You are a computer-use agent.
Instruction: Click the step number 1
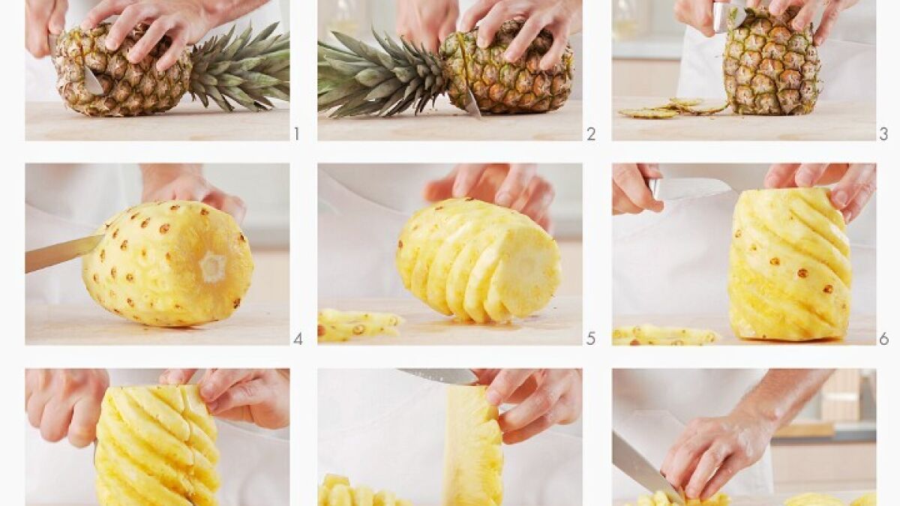coord(296,133)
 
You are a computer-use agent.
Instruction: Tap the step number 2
coord(591,133)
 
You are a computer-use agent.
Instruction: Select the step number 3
coord(883,133)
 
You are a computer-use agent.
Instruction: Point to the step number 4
coord(298,340)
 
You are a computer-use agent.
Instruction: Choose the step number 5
coord(591,339)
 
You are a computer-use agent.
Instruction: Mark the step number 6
coord(883,340)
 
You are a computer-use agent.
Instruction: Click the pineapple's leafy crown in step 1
coord(241,68)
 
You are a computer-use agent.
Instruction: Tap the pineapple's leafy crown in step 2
coord(382,74)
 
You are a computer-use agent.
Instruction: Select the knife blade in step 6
coord(695,189)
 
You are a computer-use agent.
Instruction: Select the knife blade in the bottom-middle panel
coord(438,376)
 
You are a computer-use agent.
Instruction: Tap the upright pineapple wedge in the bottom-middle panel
coord(473,446)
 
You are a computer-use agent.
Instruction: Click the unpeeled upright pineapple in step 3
coord(772,64)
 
